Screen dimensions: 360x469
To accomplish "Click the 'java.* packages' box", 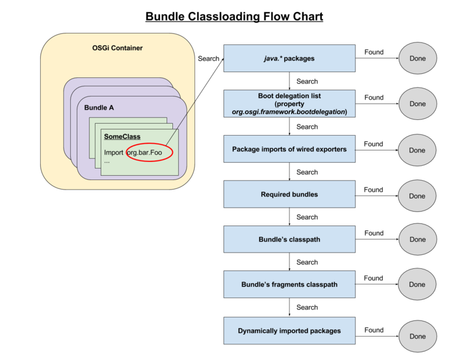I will point(289,59).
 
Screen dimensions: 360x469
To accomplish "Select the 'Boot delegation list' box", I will point(289,104).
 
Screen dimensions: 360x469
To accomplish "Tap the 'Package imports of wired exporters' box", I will point(289,149).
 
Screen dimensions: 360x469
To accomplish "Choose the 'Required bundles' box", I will point(289,194).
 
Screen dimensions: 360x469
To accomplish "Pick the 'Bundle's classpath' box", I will point(289,239).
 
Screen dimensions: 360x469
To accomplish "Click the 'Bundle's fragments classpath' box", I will point(289,284).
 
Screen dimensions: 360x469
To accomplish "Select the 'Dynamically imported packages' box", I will point(289,331).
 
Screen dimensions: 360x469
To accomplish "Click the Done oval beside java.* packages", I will point(417,59).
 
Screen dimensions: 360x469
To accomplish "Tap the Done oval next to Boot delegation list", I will point(417,104).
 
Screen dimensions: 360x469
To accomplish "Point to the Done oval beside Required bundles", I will point(417,196).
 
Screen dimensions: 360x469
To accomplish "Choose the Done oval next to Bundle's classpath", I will point(417,239).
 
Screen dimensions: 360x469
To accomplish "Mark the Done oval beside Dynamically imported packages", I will point(417,336).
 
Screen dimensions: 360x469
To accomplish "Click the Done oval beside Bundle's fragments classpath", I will point(417,285).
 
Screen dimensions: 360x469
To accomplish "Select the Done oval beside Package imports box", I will point(417,151).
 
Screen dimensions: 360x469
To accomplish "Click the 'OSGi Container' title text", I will point(118,48).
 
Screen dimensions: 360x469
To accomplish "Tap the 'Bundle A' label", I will point(99,108).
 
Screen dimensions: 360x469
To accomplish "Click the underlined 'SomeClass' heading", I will point(122,137).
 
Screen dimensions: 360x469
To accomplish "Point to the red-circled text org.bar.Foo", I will point(145,152).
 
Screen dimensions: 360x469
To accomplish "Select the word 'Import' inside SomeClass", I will point(113,152).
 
